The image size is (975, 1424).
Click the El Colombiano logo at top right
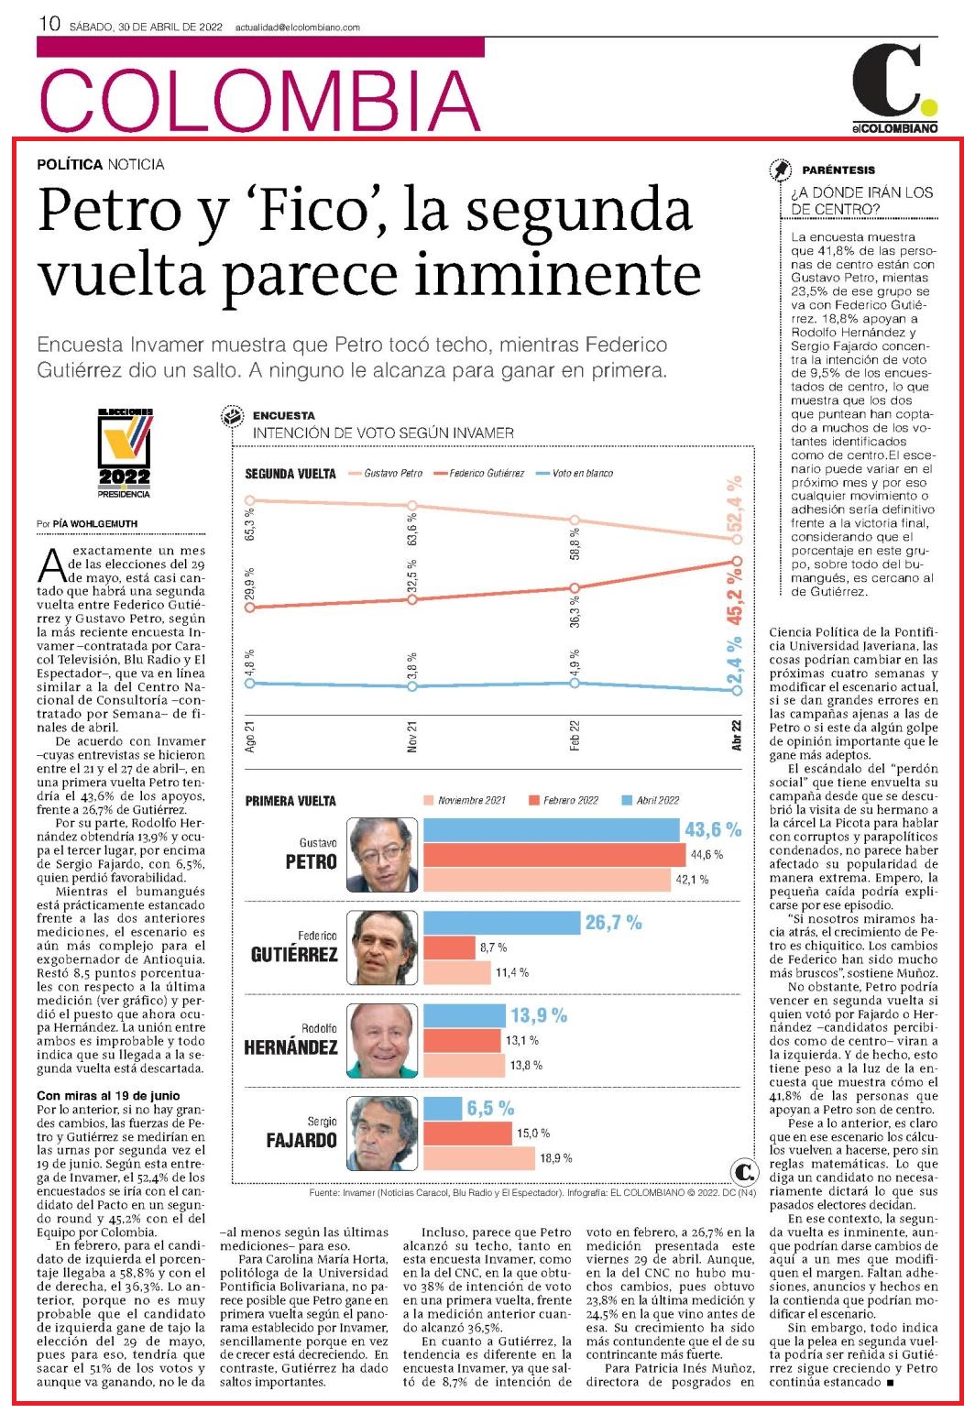click(894, 88)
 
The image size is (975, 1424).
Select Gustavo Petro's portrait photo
click(382, 854)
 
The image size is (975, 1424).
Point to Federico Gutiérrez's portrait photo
click(382, 948)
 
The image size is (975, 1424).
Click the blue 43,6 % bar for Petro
click(551, 829)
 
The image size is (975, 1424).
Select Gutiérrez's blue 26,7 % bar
click(501, 923)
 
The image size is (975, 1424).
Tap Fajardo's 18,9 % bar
click(478, 1157)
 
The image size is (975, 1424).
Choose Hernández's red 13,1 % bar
click(462, 1041)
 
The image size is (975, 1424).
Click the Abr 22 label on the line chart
click(736, 736)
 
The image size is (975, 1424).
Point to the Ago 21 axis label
click(250, 737)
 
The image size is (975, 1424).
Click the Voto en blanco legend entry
click(575, 473)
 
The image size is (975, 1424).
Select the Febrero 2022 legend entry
click(564, 800)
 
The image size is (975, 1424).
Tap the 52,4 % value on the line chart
click(735, 503)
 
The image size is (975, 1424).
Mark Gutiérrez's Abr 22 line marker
click(737, 561)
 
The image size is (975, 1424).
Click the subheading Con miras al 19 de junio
click(108, 1095)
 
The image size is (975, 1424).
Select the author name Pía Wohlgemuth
click(94, 524)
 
